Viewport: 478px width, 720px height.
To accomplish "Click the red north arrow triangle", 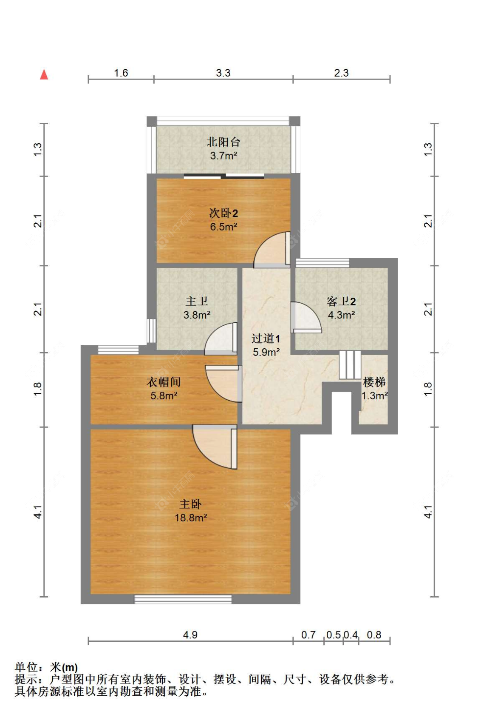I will [x=44, y=75].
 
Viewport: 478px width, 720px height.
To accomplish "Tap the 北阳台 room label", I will [x=223, y=142].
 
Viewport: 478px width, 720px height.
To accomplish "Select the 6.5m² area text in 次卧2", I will [x=223, y=227].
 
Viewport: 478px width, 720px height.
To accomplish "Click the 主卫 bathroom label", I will [x=197, y=301].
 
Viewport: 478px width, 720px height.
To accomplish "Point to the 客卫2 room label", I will [x=341, y=301].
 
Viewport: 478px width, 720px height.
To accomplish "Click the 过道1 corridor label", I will [x=266, y=339].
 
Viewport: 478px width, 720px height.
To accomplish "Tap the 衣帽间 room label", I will [x=164, y=382].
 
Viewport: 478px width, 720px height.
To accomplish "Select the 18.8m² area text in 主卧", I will [x=191, y=518].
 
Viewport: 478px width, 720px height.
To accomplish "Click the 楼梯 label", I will [x=374, y=382].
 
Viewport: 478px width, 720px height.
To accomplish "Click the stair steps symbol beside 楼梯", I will [x=350, y=365].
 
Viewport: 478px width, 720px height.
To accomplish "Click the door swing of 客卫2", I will [x=305, y=317].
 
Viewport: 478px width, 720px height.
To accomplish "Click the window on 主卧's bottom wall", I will [x=183, y=599].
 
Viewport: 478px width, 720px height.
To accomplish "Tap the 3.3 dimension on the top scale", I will [x=223, y=73].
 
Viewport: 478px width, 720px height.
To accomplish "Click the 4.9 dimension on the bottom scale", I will [x=190, y=635].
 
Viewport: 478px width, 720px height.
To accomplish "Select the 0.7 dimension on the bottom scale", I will [x=308, y=635].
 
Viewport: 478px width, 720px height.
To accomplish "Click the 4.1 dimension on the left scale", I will [x=38, y=512].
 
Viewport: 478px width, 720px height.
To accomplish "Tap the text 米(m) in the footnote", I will [x=64, y=667].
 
